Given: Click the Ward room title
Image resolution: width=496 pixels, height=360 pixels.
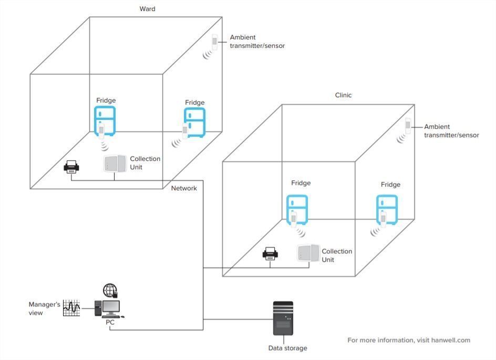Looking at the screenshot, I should pyautogui.click(x=148, y=9).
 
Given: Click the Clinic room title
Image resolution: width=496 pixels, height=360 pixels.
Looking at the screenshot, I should pyautogui.click(x=343, y=95).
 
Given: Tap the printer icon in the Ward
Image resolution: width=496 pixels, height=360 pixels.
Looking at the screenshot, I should pyautogui.click(x=71, y=168).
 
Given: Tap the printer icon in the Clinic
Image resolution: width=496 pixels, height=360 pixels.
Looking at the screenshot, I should pyautogui.click(x=270, y=253).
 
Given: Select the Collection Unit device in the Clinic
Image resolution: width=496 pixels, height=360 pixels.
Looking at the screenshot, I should pyautogui.click(x=308, y=253).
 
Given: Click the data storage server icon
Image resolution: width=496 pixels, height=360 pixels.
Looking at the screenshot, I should pyautogui.click(x=283, y=318).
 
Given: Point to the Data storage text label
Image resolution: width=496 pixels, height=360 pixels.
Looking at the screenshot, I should pyautogui.click(x=287, y=348).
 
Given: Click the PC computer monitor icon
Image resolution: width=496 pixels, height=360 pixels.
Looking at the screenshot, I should pyautogui.click(x=110, y=307).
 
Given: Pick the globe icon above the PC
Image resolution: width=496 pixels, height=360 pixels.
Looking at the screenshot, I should pyautogui.click(x=110, y=290).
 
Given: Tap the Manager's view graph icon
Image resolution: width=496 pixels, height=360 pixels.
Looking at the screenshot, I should pyautogui.click(x=71, y=307).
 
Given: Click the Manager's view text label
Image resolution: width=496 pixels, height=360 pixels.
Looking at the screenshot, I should pyautogui.click(x=44, y=308).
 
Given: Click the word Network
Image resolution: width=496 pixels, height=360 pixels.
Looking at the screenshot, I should pyautogui.click(x=184, y=188).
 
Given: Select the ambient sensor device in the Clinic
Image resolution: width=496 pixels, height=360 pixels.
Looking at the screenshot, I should pyautogui.click(x=408, y=126).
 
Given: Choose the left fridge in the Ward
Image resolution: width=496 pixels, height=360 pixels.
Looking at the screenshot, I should pyautogui.click(x=104, y=120).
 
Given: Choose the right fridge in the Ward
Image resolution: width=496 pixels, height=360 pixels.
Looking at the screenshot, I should pyautogui.click(x=194, y=122).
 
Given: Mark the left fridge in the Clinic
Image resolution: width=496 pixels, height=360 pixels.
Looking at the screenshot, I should pyautogui.click(x=296, y=209).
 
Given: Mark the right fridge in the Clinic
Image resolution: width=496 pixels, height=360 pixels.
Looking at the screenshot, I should pyautogui.click(x=387, y=209).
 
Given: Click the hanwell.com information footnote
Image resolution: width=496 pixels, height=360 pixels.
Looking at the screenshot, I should pyautogui.click(x=409, y=340).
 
